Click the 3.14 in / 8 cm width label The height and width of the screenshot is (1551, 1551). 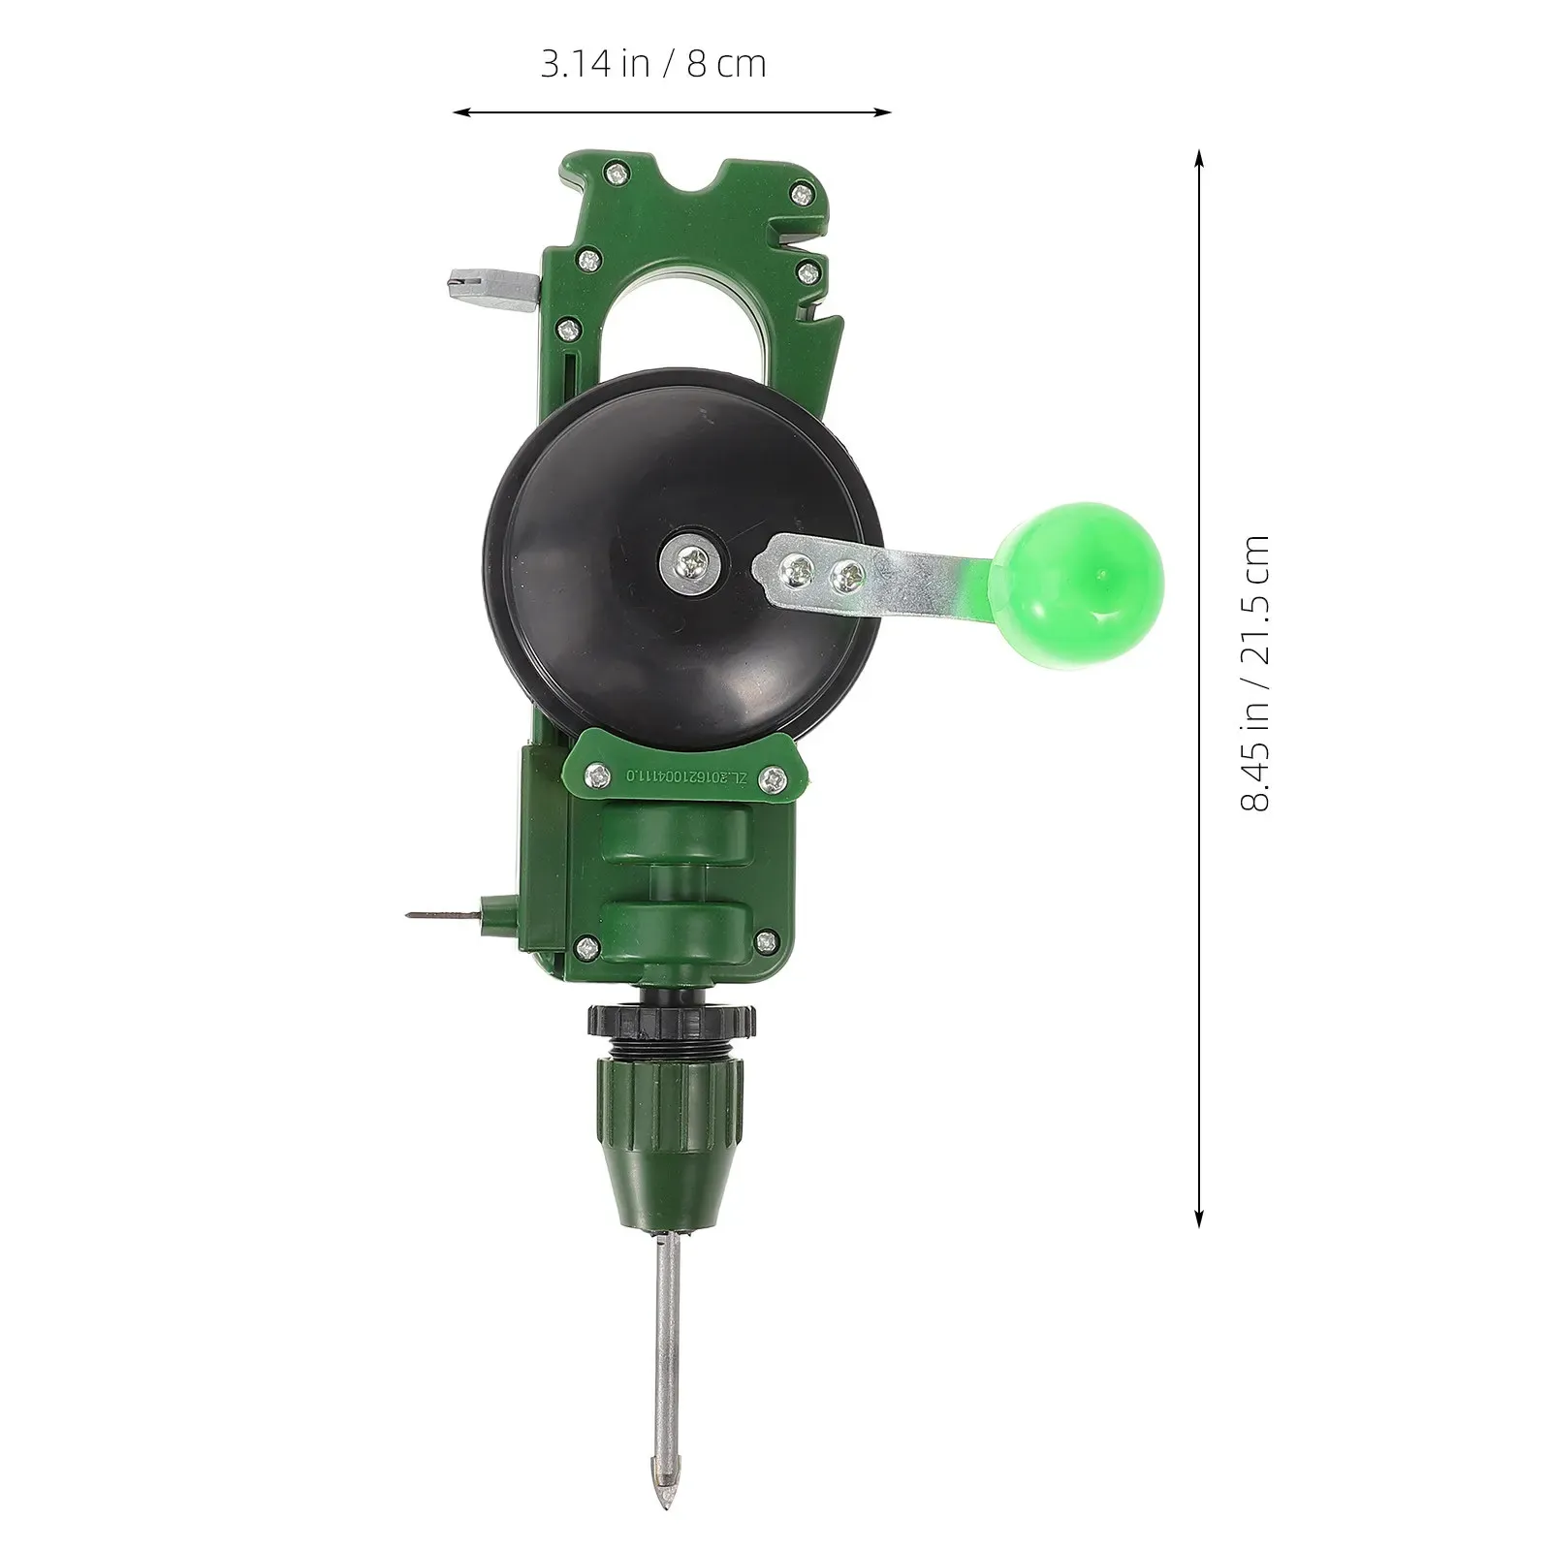coord(653,64)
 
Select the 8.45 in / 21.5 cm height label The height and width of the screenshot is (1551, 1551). coord(1254,673)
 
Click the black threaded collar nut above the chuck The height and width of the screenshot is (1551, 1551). coord(671,1025)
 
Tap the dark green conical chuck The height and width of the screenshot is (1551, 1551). coord(671,1144)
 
